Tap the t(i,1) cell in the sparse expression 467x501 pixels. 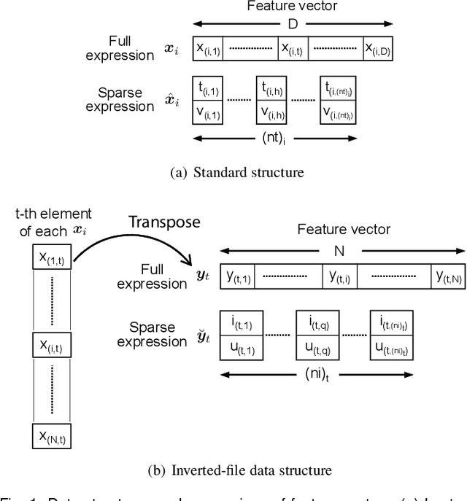point(207,88)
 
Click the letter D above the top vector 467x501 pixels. point(293,24)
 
